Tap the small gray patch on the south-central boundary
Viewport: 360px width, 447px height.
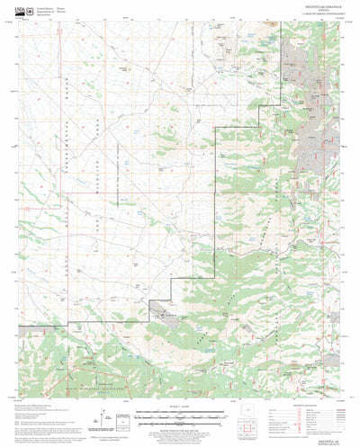(167, 312)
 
